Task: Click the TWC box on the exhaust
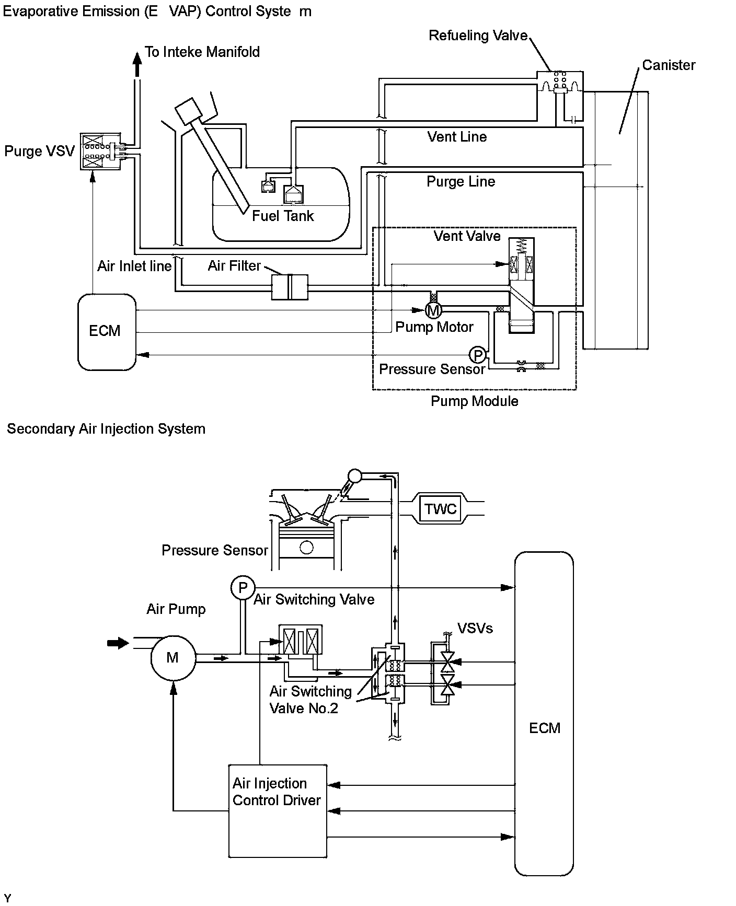(440, 509)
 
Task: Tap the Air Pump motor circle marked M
(173, 658)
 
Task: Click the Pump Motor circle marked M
(433, 310)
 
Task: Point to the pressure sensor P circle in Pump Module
(477, 355)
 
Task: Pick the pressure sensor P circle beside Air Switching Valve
(243, 588)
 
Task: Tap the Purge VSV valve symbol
(100, 150)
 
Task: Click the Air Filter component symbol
(290, 287)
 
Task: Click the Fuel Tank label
(283, 216)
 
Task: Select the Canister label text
(669, 65)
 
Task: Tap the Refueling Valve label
(478, 36)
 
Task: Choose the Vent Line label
(457, 137)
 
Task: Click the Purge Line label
(461, 182)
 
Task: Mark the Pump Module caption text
(474, 401)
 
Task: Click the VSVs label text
(475, 628)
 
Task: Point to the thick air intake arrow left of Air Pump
(118, 643)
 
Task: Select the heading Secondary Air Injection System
(106, 429)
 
